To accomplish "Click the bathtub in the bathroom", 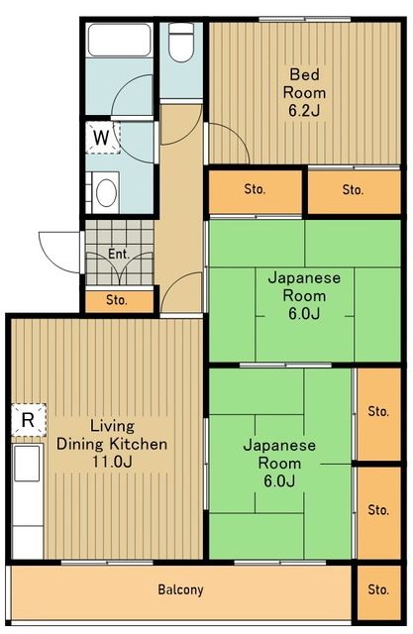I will click(118, 41).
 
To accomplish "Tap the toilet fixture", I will click(180, 44).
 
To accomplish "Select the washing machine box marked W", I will click(103, 137).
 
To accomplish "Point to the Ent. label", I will click(119, 254).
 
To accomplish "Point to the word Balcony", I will click(180, 589).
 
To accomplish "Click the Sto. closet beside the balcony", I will click(377, 589).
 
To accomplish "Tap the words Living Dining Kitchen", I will click(111, 435).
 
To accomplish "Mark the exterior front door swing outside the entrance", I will click(57, 248).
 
